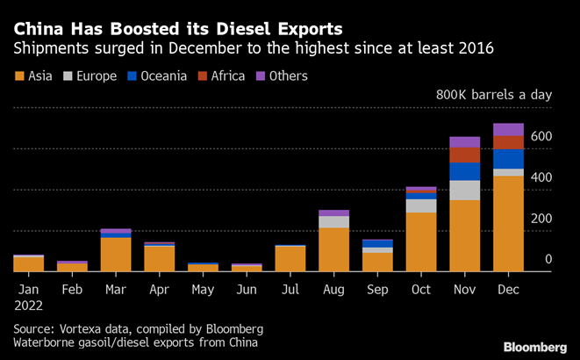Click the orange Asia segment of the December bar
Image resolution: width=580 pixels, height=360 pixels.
509,224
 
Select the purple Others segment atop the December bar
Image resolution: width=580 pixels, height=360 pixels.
509,129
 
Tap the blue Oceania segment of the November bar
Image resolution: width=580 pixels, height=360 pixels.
465,171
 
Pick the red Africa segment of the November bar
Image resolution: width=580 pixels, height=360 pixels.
465,155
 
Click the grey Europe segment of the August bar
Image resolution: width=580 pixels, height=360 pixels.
333,222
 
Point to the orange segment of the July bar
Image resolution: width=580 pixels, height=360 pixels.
290,259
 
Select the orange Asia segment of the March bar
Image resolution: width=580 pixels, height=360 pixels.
116,254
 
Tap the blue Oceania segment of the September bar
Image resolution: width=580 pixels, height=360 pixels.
377,244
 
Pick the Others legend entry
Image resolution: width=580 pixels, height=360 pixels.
283,76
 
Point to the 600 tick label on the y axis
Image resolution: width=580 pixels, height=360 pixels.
541,136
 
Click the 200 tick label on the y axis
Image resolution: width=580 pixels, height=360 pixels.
541,219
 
